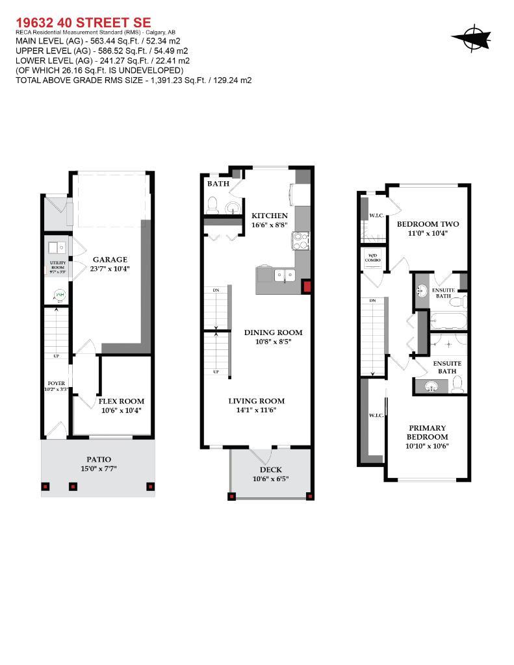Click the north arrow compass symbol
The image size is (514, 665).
point(471,38)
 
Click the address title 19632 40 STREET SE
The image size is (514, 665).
point(83,22)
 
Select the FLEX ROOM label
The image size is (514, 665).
point(121,401)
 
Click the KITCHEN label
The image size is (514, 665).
point(270,216)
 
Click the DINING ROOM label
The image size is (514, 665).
point(273,332)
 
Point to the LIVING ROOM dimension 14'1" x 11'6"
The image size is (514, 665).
point(256,410)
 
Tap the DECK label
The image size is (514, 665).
point(270,470)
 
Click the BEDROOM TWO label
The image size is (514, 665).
point(428,224)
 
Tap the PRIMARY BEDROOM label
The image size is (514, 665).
point(427,433)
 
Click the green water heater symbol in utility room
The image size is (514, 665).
point(59,295)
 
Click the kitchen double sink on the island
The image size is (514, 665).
point(284,275)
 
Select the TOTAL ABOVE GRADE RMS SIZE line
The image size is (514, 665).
point(133,81)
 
